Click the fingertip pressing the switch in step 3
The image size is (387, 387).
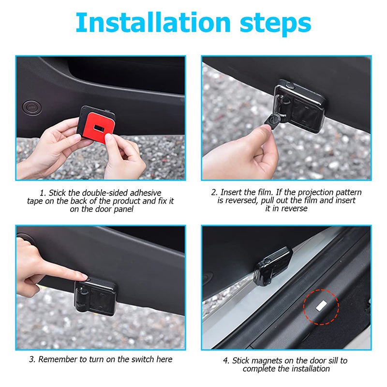(x=82, y=276)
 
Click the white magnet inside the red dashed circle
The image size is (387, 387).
(x=321, y=306)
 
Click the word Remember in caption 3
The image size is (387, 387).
(x=56, y=359)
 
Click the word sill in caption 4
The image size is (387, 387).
(x=328, y=360)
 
